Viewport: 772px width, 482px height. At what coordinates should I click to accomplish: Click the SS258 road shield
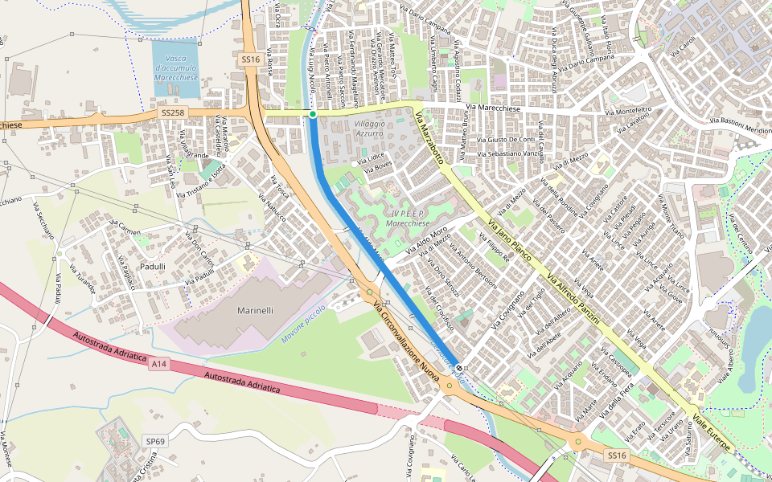click(172, 113)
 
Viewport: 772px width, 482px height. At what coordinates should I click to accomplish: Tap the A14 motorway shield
click(158, 363)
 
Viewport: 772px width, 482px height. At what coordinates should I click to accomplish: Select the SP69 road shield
click(154, 441)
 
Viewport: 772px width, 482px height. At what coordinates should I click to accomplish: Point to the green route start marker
click(312, 114)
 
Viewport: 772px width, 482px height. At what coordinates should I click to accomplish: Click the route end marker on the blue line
click(458, 368)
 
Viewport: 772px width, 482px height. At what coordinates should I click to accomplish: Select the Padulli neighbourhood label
click(151, 266)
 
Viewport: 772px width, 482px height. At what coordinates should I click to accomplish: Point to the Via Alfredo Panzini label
click(572, 296)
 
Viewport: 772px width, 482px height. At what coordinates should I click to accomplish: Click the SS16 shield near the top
click(249, 59)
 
